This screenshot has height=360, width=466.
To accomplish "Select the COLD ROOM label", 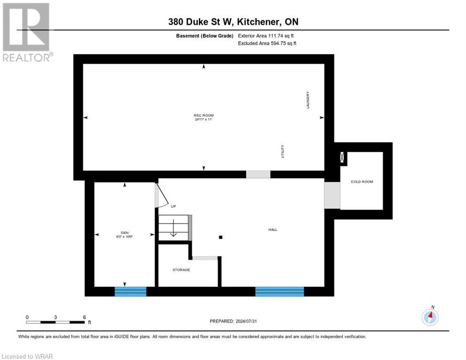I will point(362,181).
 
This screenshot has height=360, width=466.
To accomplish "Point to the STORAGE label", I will point(181,270).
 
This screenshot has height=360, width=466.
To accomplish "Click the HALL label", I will point(272,229).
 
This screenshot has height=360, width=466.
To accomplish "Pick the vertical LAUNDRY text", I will point(308,100).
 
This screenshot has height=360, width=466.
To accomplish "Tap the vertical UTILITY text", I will point(283,151).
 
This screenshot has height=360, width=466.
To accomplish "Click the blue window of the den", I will point(130,292).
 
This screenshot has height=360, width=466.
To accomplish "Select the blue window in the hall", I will point(279,292).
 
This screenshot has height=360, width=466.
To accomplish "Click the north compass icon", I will point(430,316).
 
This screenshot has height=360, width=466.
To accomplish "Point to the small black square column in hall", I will point(221,237).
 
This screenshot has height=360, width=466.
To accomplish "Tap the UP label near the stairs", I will point(173,206).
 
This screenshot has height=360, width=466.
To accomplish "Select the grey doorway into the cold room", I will point(332,195).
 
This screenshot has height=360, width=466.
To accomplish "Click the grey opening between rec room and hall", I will point(258,174).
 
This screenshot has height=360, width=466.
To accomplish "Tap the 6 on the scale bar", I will point(84,317).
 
